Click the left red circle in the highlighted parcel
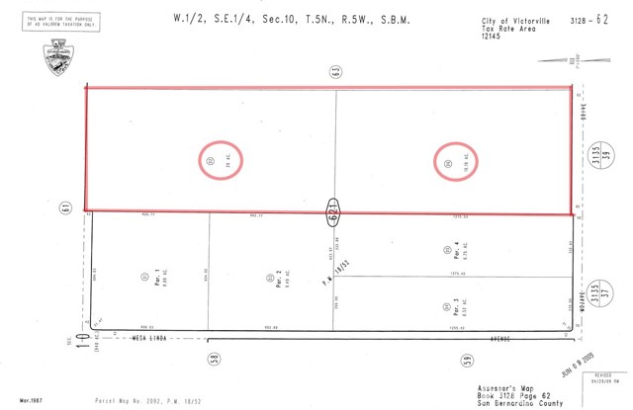(211, 161)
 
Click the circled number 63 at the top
(335, 71)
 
